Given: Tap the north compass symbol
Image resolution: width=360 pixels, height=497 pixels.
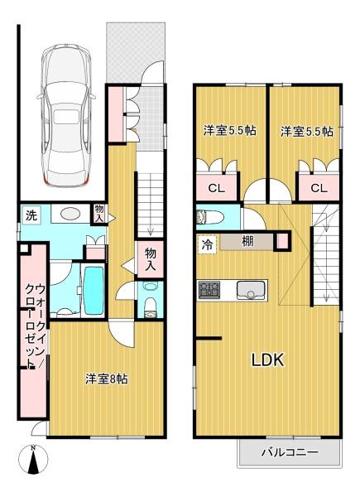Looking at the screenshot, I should (32, 460).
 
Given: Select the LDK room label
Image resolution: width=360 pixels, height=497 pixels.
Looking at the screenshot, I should (268, 360).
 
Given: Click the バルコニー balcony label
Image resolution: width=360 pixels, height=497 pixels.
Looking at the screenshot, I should (290, 452).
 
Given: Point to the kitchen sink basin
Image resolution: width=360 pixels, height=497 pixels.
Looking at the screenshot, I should (251, 290).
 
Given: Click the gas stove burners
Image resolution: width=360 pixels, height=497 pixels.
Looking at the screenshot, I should (209, 290).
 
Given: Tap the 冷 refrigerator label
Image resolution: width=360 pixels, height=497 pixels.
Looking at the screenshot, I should (207, 244).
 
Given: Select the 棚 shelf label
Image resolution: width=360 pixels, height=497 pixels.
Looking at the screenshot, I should (247, 243).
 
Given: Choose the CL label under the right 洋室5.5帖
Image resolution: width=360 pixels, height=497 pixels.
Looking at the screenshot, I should (319, 187).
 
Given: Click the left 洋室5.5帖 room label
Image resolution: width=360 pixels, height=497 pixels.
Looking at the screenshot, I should (230, 130).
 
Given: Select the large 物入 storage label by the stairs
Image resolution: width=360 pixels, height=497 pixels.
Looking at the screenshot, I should (151, 261).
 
